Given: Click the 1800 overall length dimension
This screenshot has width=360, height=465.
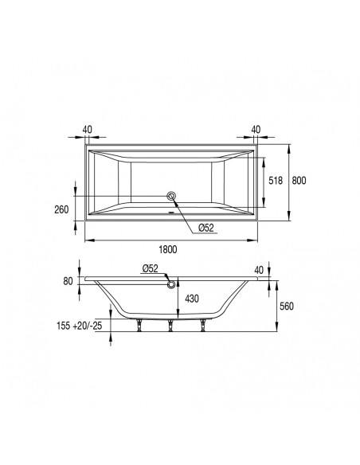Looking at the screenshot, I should click(x=166, y=249).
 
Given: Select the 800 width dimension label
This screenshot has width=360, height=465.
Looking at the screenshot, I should click(x=298, y=182).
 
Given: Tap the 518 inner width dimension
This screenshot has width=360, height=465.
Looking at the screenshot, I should click(x=273, y=182).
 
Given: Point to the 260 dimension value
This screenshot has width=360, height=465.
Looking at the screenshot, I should click(x=60, y=211).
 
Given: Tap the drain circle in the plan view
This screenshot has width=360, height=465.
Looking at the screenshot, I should click(x=170, y=195).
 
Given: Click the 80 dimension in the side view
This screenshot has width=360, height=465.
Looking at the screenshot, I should click(x=68, y=280).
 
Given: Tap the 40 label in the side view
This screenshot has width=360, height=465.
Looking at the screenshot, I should click(x=257, y=271).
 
